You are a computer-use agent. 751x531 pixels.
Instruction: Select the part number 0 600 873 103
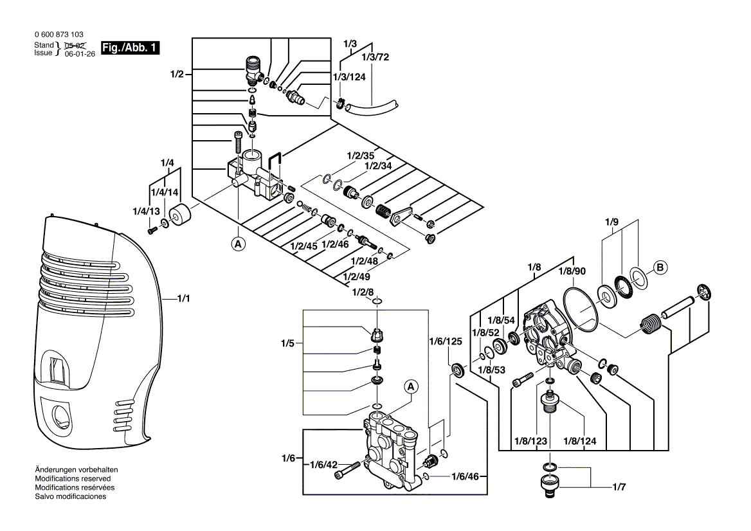58,34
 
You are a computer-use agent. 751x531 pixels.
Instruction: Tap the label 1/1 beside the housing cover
183,299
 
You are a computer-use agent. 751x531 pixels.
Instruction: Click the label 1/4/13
145,212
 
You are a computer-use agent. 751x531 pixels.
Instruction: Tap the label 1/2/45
303,246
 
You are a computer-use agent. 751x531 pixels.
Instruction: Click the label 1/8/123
530,440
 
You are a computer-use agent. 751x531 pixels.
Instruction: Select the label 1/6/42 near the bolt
324,465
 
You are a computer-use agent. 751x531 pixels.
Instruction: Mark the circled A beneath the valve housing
239,244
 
